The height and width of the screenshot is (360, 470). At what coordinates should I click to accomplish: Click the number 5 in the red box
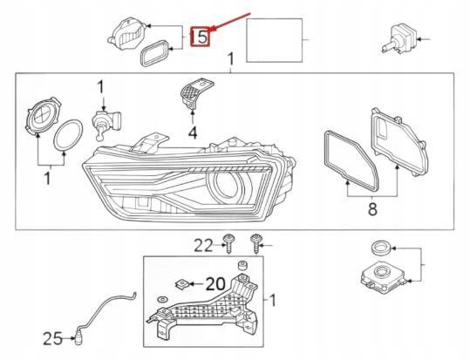click(x=201, y=37)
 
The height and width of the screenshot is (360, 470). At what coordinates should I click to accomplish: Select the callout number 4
click(x=192, y=132)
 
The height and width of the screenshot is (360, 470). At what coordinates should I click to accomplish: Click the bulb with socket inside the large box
click(x=102, y=121)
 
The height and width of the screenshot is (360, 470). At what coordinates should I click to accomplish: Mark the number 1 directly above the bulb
click(x=100, y=86)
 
